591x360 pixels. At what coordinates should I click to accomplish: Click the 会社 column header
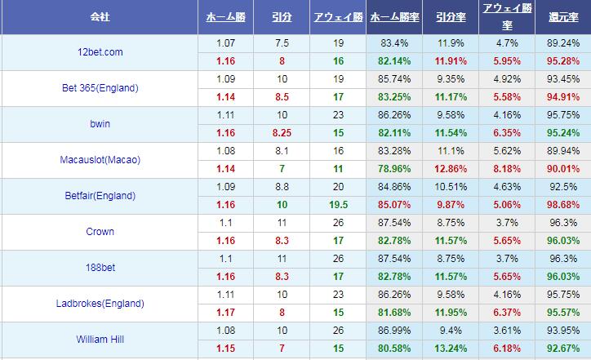[100, 16]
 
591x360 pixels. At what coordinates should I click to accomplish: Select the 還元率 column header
[563, 16]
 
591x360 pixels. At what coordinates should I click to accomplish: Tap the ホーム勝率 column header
[396, 16]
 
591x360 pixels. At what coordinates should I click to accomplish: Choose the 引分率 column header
[450, 16]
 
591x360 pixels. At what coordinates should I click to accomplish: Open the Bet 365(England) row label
[100, 88]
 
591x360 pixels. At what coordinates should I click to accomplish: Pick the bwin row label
[99, 124]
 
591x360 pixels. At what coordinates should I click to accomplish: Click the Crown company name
[99, 232]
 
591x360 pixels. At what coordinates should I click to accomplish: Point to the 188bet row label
[99, 268]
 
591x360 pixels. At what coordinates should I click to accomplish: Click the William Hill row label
[99, 340]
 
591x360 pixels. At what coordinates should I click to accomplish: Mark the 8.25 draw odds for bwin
[282, 132]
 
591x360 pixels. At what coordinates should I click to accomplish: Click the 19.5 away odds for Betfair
[339, 204]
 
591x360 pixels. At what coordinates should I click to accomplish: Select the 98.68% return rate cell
[563, 204]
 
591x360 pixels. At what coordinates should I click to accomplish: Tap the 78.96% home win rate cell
[396, 168]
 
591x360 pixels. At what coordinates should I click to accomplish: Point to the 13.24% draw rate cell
[450, 348]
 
